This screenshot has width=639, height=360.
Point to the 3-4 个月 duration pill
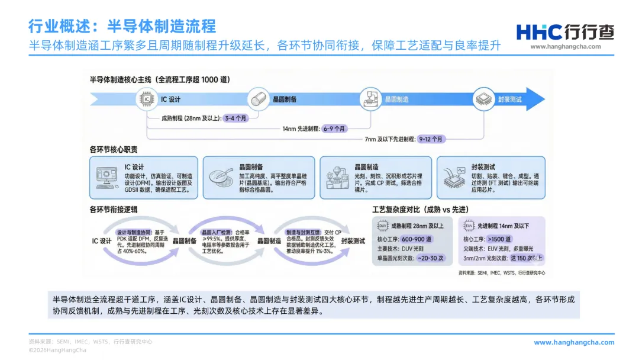235,118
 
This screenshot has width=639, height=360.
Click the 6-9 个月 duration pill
335,128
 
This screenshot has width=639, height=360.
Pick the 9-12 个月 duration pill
431,139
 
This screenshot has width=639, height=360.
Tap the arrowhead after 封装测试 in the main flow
535,99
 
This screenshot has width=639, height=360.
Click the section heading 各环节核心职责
114,149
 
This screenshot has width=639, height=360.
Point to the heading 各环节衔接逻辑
114,209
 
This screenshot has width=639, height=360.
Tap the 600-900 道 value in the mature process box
417,239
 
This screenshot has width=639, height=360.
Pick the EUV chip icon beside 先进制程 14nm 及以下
469,226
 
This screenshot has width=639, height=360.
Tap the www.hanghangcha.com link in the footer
574,342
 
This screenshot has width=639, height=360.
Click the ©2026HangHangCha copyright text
57,350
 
